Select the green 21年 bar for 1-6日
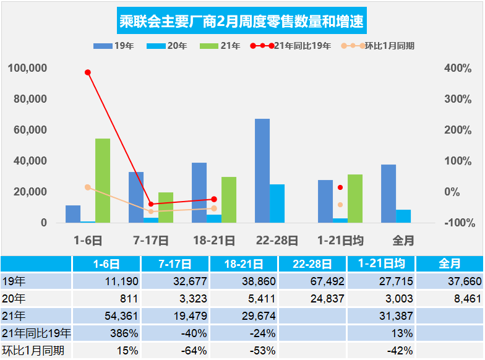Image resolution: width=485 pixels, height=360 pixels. [x=103, y=180]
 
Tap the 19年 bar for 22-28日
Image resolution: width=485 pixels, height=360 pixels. [x=262, y=170]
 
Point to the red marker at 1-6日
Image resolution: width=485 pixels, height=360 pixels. [x=88, y=72]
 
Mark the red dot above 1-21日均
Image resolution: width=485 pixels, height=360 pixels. [x=340, y=187]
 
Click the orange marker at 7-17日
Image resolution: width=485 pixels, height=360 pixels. [x=151, y=212]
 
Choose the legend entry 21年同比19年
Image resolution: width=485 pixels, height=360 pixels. [x=291, y=46]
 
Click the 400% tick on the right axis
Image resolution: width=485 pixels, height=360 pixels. [x=458, y=68]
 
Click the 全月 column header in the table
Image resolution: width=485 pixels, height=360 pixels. [x=449, y=264]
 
